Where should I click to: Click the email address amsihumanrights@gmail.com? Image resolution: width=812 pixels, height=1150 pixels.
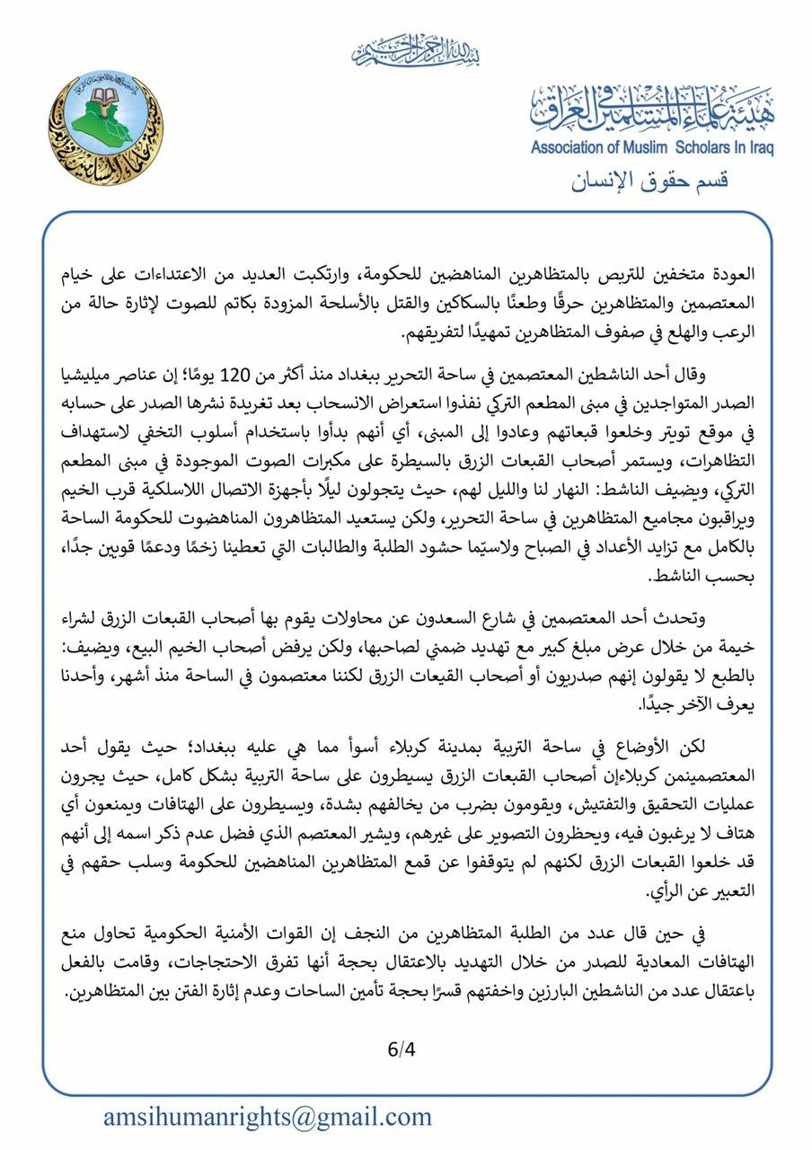click(267, 1117)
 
